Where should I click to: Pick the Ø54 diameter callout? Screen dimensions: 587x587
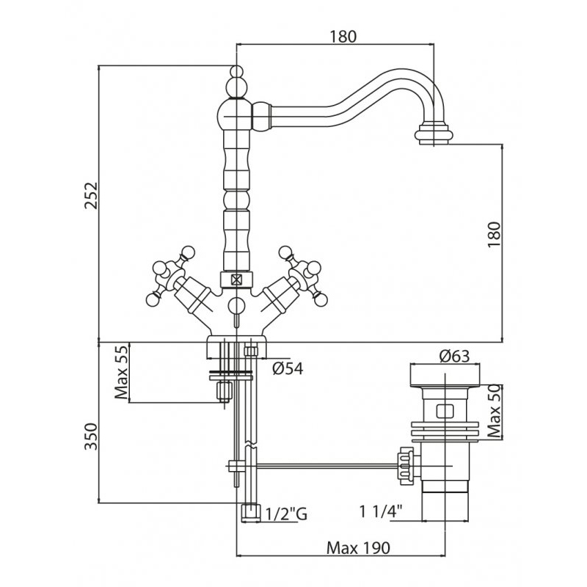(288, 369)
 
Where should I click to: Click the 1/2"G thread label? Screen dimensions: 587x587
(285, 514)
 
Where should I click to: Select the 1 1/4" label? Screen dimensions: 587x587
(382, 511)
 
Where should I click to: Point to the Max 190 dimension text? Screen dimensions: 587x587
(358, 548)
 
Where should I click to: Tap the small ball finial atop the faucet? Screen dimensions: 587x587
(236, 73)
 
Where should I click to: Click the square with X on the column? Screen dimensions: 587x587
(236, 280)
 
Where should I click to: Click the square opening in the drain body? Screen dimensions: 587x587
(445, 411)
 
